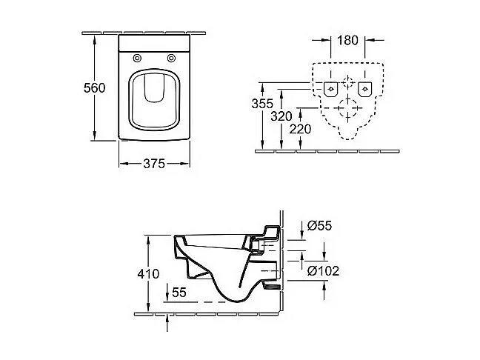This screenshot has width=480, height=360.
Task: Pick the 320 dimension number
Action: tap(281, 116)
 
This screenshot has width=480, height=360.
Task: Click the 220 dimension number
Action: tap(301, 128)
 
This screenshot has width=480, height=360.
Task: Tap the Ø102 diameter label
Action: tap(323, 271)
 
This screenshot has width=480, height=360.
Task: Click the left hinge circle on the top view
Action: tap(138, 59)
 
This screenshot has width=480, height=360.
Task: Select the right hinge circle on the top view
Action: tap(171, 59)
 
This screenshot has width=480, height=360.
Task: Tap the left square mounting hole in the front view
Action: tap(331, 89)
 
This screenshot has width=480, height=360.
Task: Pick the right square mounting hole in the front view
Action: tap(364, 89)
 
